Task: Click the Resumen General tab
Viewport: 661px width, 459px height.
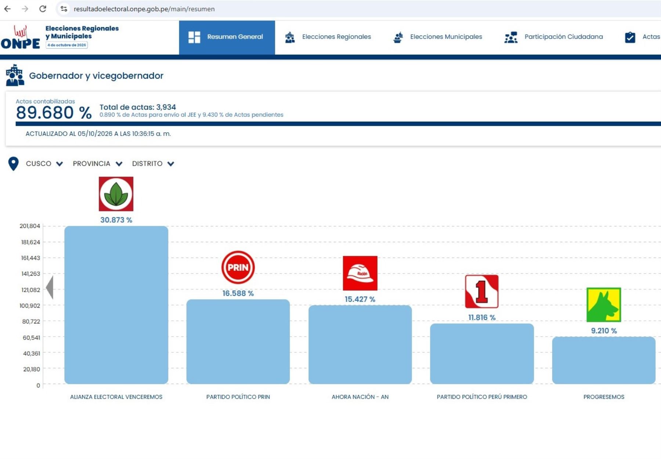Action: tap(227, 37)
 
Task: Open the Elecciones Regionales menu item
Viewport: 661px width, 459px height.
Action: tap(328, 37)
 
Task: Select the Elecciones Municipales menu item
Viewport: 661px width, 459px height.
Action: tap(437, 37)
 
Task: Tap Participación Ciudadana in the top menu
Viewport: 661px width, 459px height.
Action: tap(553, 37)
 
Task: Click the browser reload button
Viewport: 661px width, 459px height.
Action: tap(43, 9)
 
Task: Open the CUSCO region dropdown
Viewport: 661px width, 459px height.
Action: tap(44, 164)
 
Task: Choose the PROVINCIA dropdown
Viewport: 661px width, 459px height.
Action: tap(97, 164)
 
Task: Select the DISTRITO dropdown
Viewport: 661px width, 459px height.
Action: tap(153, 164)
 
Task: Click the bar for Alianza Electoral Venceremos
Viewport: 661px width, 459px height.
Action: tap(116, 305)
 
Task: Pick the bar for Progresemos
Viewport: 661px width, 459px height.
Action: tap(604, 361)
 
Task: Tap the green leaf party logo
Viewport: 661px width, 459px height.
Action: tap(116, 194)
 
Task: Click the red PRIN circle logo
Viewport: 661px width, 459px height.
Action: tap(238, 267)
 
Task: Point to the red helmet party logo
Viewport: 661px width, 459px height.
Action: tap(360, 273)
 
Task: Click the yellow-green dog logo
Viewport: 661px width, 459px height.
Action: tap(604, 305)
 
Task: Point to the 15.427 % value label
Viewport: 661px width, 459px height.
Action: tap(360, 299)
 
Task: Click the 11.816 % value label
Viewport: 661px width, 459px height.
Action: tap(482, 318)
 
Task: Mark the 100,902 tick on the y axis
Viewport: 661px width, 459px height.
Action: tap(30, 306)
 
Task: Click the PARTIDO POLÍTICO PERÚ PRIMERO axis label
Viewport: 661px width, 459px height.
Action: tap(482, 397)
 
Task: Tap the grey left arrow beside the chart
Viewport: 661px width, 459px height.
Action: tap(50, 287)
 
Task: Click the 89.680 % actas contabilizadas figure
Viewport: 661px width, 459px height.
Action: tap(54, 112)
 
